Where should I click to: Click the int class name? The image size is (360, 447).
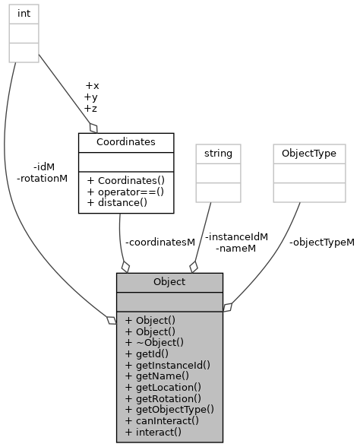click(24, 13)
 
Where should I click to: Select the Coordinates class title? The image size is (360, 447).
click(125, 142)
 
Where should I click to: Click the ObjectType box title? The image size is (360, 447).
click(308, 154)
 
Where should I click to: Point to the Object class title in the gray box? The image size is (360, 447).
click(169, 282)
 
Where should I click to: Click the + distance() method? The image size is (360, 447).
click(117, 201)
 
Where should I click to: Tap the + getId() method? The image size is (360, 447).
click(147, 353)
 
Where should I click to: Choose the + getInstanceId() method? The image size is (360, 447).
click(167, 365)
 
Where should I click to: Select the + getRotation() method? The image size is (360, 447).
click(163, 398)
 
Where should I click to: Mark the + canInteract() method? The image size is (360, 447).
click(161, 420)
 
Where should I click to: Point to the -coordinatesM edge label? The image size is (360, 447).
click(160, 242)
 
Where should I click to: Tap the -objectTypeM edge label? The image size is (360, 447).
click(321, 243)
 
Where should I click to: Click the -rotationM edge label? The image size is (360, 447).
click(42, 179)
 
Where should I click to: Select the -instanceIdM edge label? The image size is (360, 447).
click(236, 236)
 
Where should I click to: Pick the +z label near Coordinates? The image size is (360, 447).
click(91, 109)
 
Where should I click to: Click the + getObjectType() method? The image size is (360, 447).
click(169, 409)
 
